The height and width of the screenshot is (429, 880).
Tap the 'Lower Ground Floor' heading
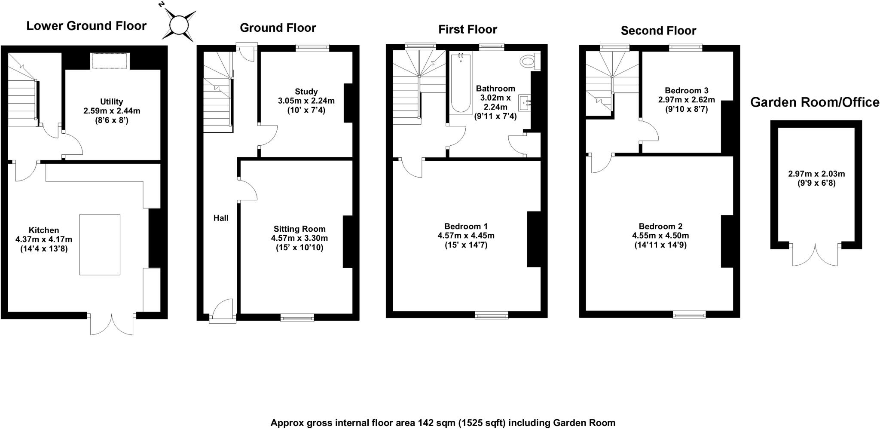86,26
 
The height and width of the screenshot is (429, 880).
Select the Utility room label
111,102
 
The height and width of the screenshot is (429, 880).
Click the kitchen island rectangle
100,245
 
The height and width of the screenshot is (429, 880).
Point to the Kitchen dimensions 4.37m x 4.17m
44,239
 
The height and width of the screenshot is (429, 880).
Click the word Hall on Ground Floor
221,218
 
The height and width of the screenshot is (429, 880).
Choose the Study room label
306,92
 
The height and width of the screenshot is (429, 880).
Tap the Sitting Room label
299,229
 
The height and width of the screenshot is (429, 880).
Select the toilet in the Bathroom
528,61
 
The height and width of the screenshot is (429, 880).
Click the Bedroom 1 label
466,226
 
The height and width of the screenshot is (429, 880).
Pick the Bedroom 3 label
686,91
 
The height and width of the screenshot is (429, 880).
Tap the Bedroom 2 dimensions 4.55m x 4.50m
660,236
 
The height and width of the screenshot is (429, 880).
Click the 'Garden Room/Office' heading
815,102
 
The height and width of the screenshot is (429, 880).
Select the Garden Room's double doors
815,254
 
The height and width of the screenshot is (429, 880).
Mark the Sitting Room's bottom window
297,318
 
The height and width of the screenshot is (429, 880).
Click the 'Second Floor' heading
658,31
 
